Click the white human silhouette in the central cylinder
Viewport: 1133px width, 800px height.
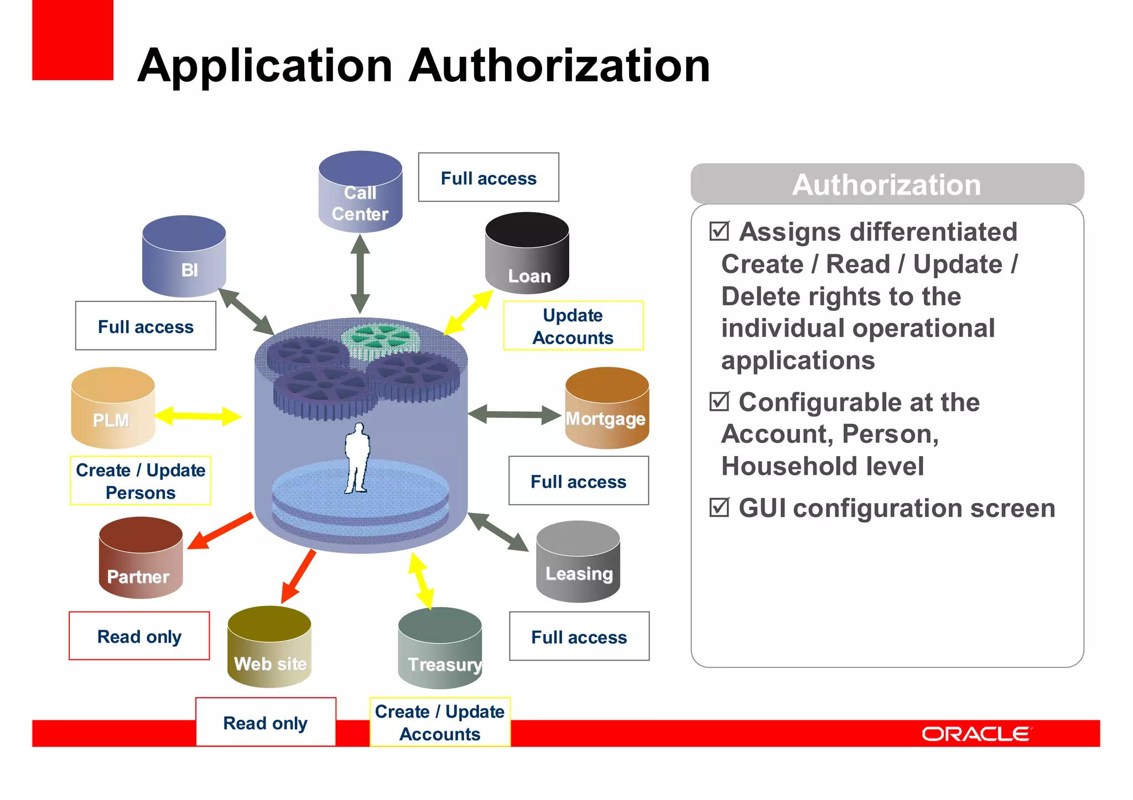point(357,458)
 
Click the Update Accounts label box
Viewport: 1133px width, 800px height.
point(573,326)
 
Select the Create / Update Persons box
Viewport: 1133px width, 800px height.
point(141,480)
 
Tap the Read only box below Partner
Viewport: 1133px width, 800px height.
point(139,636)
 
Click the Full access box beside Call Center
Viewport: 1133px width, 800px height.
point(488,177)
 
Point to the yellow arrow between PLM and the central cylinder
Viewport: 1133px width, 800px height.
point(198,416)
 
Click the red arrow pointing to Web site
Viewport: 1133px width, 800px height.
point(298,577)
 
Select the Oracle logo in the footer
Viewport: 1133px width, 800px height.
point(976,734)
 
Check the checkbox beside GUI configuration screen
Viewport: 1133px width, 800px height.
point(719,507)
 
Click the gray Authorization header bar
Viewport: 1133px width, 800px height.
point(887,184)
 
